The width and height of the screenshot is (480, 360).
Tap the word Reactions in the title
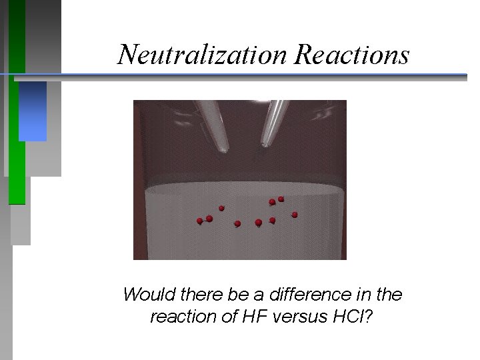coord(351,53)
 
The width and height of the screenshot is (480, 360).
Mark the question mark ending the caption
coord(369,317)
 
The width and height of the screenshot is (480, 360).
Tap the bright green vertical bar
coord(17,153)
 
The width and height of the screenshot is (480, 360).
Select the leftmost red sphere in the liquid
coord(199,221)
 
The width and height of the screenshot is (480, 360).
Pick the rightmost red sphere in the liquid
coord(295,214)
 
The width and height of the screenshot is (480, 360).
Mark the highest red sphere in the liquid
coord(281,199)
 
